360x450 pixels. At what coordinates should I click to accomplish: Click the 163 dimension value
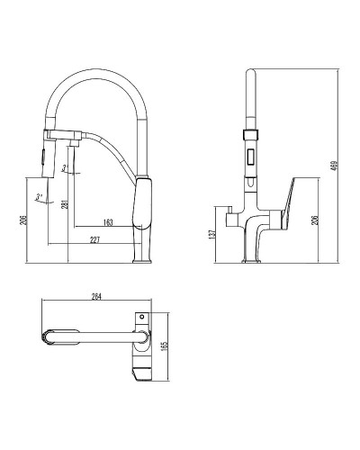107,220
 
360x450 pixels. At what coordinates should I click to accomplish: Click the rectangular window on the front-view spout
252,161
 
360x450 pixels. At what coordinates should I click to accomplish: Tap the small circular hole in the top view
141,317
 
